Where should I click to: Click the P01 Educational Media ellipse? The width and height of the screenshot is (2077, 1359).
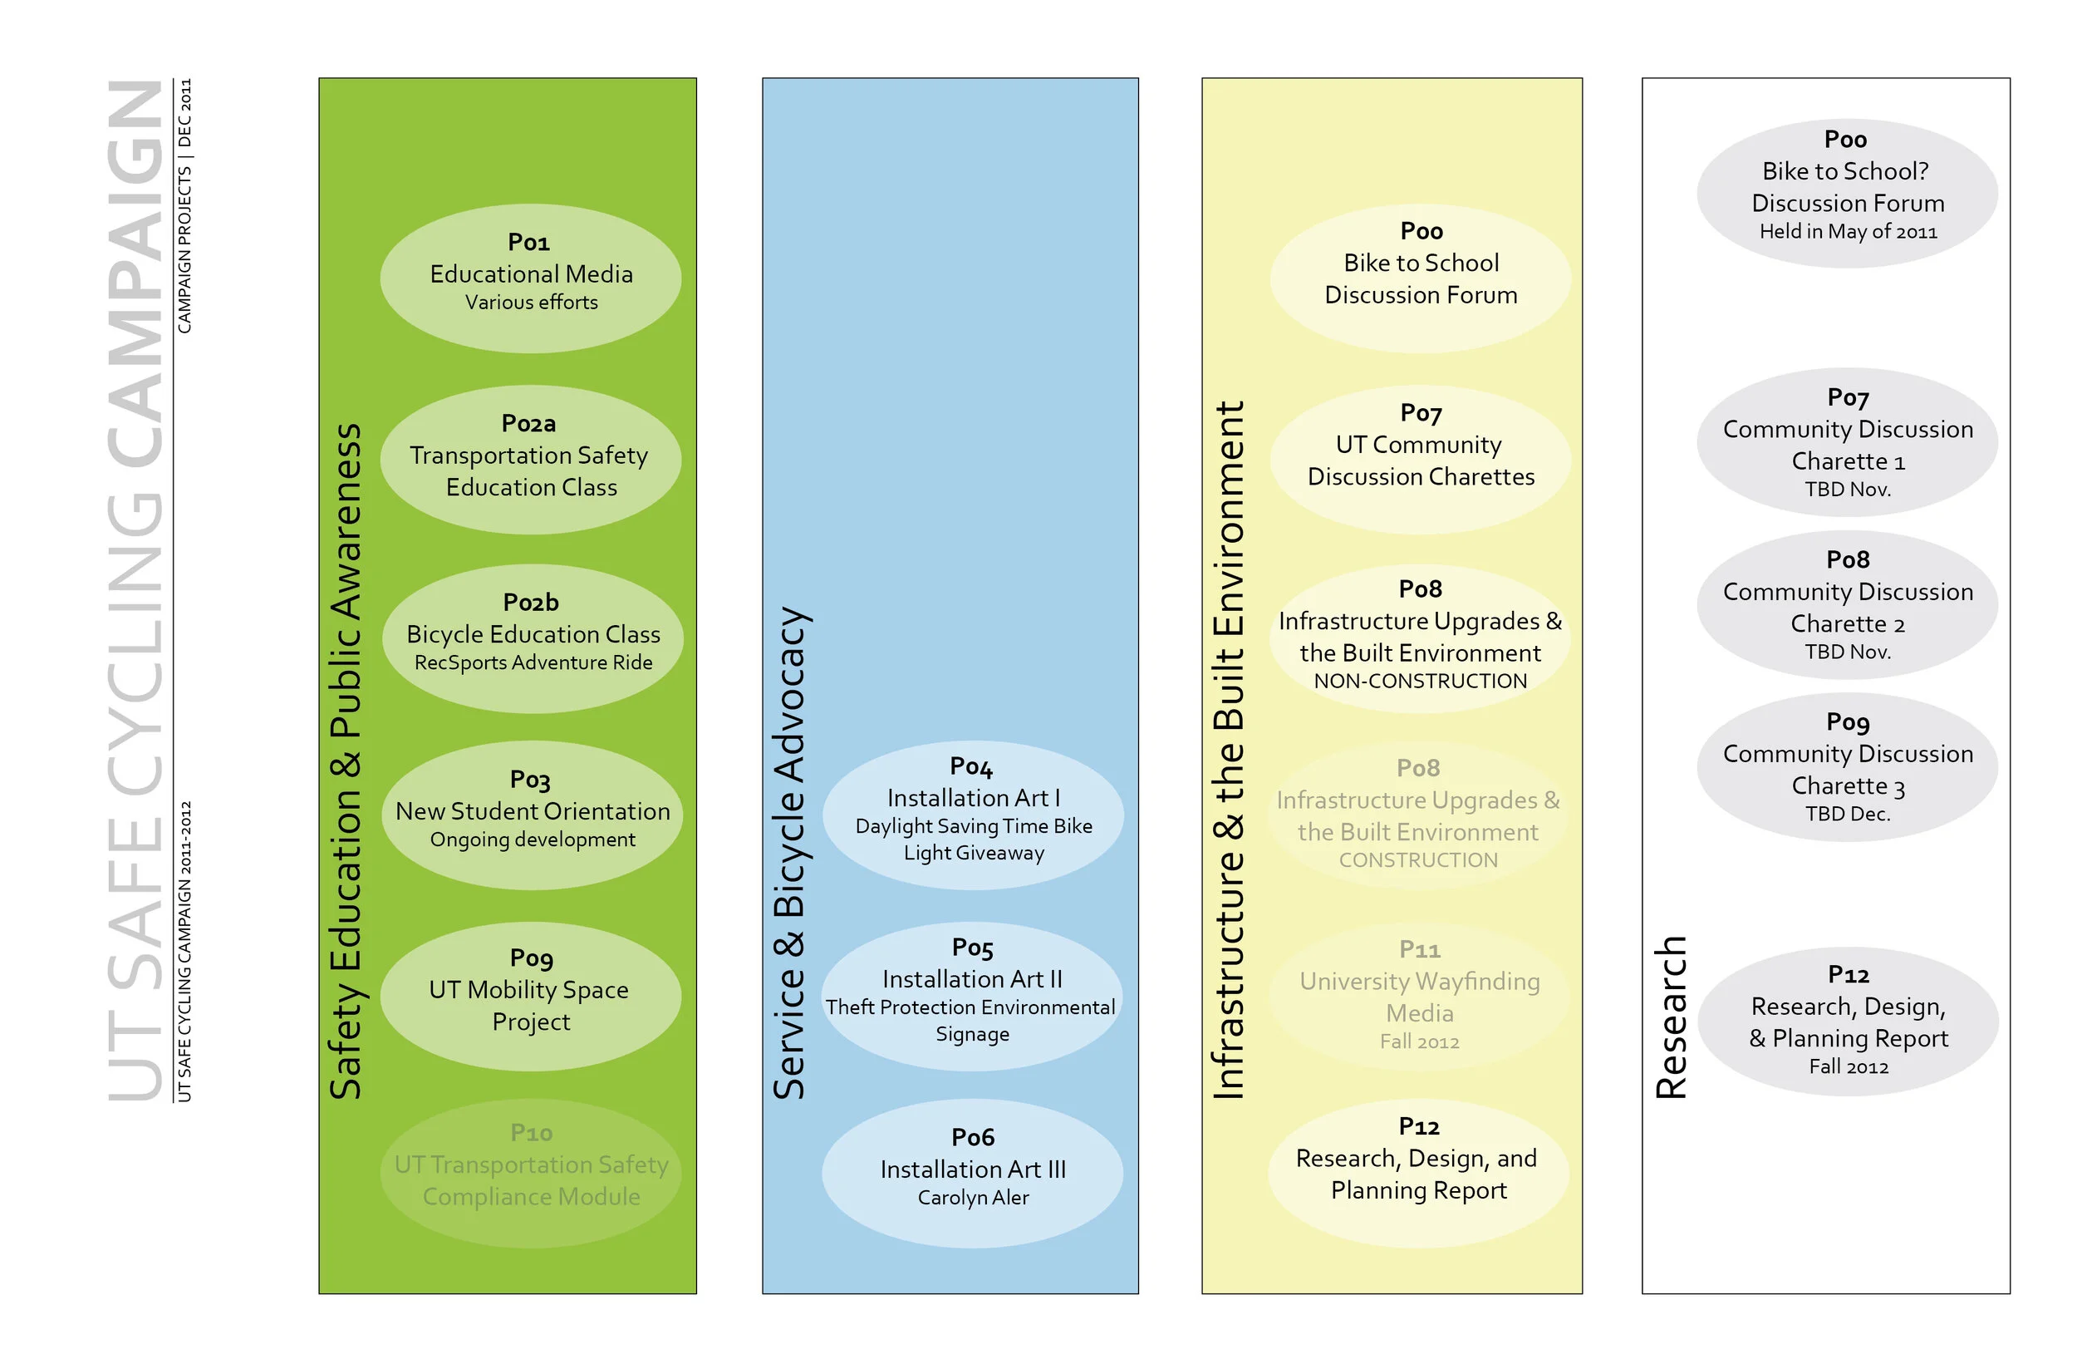[x=531, y=278]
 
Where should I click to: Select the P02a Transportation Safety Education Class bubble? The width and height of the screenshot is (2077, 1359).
[x=531, y=460]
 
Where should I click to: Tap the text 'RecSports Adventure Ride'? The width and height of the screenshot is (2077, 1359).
[x=533, y=662]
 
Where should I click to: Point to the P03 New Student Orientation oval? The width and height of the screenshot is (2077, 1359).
[x=533, y=815]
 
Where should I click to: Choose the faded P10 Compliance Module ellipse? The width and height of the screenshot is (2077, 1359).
[x=531, y=1172]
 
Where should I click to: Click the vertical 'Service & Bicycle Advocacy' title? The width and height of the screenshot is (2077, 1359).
[x=791, y=853]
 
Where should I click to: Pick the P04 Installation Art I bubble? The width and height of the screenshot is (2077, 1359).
[x=972, y=815]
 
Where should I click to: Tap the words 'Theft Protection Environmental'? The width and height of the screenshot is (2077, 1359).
[x=970, y=1007]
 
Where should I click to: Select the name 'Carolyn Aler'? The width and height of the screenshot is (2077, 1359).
[x=973, y=1198]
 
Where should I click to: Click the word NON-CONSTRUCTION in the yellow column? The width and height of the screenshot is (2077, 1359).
[x=1420, y=682]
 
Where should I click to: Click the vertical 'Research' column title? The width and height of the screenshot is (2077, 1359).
[x=1672, y=1017]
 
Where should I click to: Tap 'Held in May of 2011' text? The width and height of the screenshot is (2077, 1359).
[x=1848, y=232]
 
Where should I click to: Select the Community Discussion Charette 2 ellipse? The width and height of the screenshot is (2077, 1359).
[x=1847, y=605]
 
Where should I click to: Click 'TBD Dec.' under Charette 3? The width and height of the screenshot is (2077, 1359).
[x=1847, y=814]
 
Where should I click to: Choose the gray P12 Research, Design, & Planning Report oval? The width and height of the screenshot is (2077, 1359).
[x=1848, y=1022]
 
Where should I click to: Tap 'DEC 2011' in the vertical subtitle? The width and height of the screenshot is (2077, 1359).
[x=185, y=114]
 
